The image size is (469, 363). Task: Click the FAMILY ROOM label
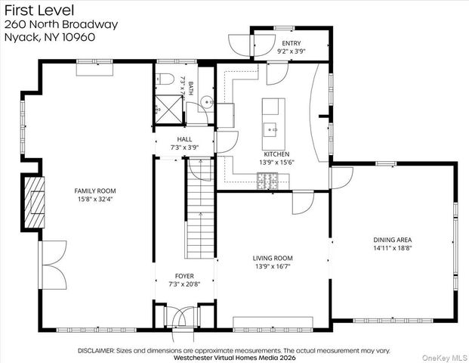pyautogui.click(x=95, y=191)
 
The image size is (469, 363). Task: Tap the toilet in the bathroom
pyautogui.click(x=165, y=79)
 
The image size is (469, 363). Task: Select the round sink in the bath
pyautogui.click(x=207, y=102)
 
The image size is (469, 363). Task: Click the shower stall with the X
pyautogui.click(x=168, y=109)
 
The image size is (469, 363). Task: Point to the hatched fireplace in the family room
pyautogui.click(x=35, y=202)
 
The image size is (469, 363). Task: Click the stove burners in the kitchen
pyautogui.click(x=267, y=181)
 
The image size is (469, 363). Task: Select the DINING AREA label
pyautogui.click(x=393, y=240)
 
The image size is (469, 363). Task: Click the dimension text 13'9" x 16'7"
pyautogui.click(x=273, y=266)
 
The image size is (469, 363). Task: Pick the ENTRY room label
pyautogui.click(x=292, y=43)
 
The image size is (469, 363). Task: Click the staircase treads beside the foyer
pyautogui.click(x=199, y=209)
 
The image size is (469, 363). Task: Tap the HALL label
pyautogui.click(x=184, y=139)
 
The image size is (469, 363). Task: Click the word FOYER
pyautogui.click(x=184, y=276)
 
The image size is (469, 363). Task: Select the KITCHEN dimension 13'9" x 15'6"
pyautogui.click(x=276, y=163)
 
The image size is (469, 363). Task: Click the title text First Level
pyautogui.click(x=39, y=10)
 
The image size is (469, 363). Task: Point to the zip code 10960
pyautogui.click(x=79, y=37)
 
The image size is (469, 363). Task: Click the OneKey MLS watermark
pyautogui.click(x=445, y=358)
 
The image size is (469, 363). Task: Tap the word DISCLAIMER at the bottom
pyautogui.click(x=96, y=351)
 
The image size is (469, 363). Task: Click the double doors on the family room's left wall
pyautogui.click(x=53, y=265)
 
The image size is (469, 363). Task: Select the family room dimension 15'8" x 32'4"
pyautogui.click(x=95, y=199)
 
